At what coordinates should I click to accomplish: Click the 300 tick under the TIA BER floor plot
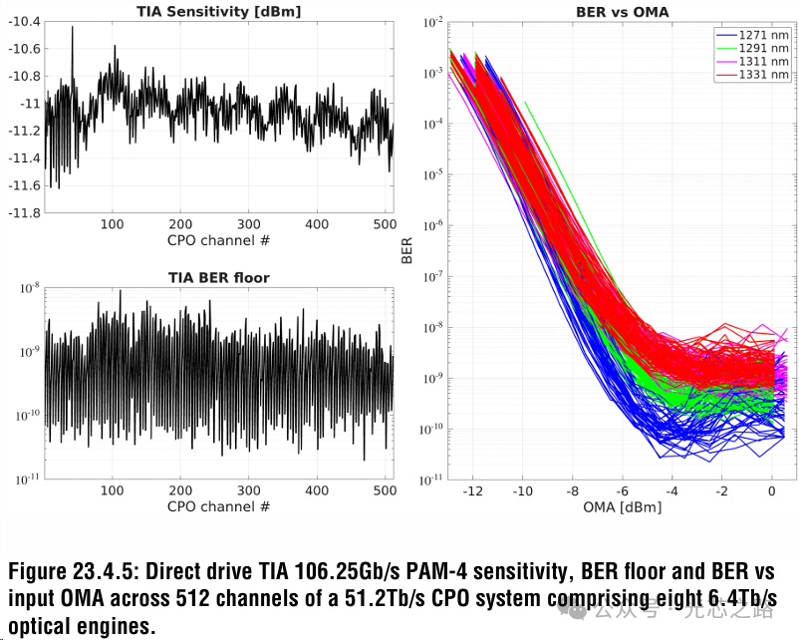coord(249,491)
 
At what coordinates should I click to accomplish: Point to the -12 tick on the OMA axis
coord(473,492)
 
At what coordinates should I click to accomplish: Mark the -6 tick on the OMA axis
coord(622,492)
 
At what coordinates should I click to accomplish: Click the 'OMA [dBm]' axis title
coord(622,507)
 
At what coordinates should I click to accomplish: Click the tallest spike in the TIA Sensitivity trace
coord(72,29)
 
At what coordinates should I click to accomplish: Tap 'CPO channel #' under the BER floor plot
coord(218,506)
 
